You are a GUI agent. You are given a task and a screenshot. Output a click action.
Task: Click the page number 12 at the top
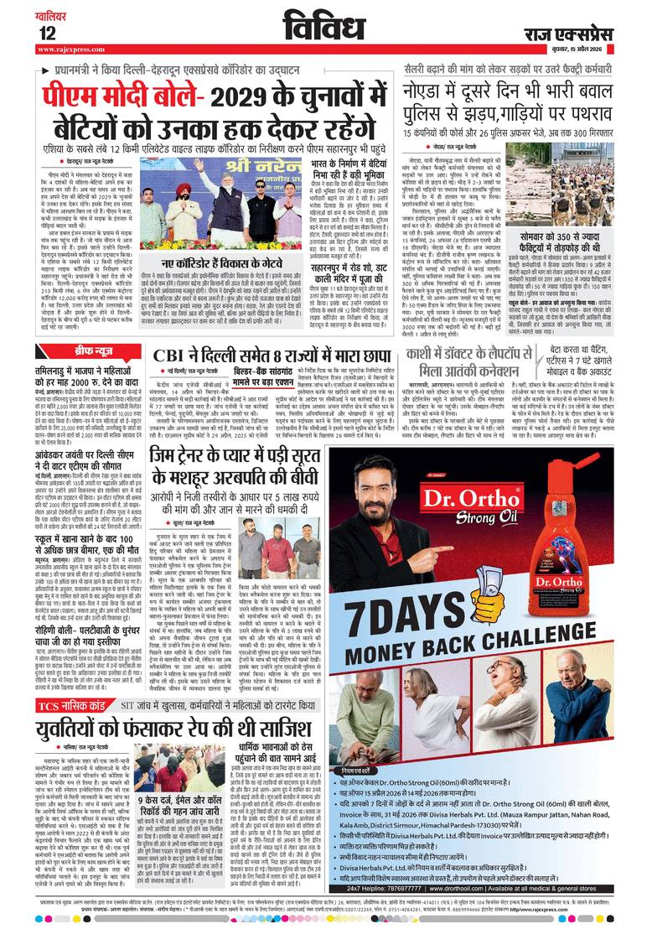point(47,32)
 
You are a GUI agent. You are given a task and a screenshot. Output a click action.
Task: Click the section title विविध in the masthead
point(325,26)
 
